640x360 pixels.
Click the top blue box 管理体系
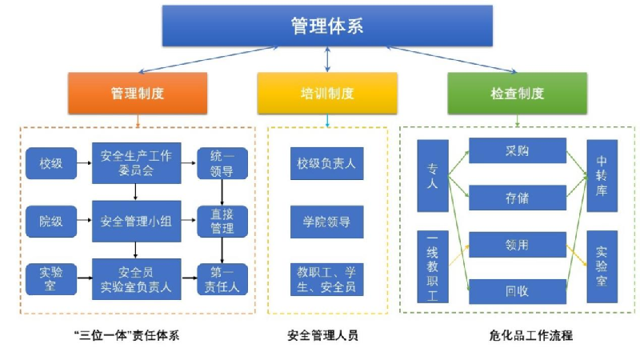click(x=327, y=26)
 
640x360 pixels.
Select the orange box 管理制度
click(x=138, y=93)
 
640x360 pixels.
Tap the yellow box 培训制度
click(x=326, y=93)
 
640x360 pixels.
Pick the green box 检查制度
click(x=517, y=93)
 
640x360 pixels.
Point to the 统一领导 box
click(x=222, y=163)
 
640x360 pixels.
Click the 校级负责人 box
click(x=326, y=164)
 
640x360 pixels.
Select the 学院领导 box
click(x=326, y=222)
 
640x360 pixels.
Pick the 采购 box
click(x=518, y=150)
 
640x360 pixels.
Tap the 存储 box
click(x=518, y=198)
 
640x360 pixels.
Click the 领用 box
click(x=518, y=245)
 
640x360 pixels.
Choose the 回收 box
click(x=518, y=291)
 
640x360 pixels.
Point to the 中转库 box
click(x=602, y=176)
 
